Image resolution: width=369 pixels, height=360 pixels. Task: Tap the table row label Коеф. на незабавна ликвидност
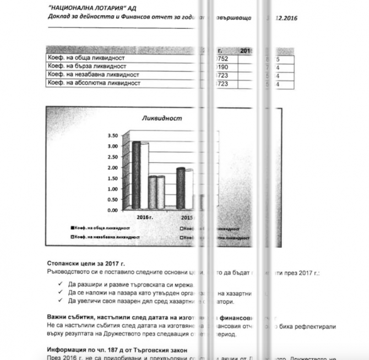(x=92, y=74)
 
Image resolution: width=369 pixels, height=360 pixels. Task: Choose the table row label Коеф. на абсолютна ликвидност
(x=94, y=83)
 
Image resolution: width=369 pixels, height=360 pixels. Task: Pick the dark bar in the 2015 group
(x=180, y=188)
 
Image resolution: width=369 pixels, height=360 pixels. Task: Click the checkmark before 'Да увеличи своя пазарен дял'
(x=59, y=301)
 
